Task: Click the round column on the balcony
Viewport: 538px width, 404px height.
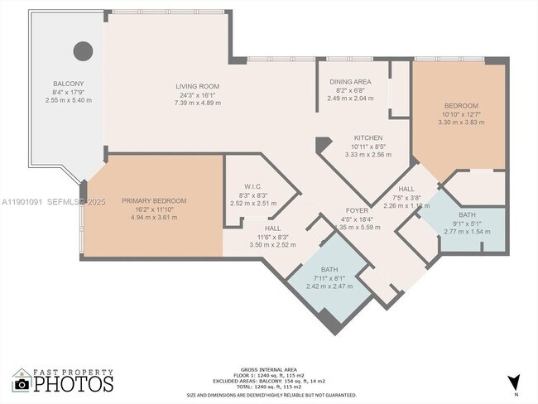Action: pyautogui.click(x=83, y=51)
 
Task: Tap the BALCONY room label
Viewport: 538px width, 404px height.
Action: pyautogui.click(x=68, y=84)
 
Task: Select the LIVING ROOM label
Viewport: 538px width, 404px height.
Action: pyautogui.click(x=196, y=86)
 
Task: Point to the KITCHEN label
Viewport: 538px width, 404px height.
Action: pyautogui.click(x=367, y=137)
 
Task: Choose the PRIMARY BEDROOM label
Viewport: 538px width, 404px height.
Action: pyautogui.click(x=154, y=200)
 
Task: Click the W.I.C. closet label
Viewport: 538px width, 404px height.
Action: pyautogui.click(x=252, y=186)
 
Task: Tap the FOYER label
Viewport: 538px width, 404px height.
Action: pyautogui.click(x=357, y=210)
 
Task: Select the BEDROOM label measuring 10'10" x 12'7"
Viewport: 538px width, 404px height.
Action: pyautogui.click(x=461, y=106)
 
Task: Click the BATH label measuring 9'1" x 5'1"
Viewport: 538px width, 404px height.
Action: pyautogui.click(x=467, y=214)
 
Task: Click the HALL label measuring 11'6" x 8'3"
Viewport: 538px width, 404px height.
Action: pyautogui.click(x=273, y=228)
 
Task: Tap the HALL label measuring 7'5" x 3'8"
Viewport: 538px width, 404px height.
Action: pyautogui.click(x=406, y=190)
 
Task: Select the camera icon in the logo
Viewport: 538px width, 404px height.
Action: pyautogui.click(x=22, y=383)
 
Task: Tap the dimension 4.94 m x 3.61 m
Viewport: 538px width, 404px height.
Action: pyautogui.click(x=154, y=216)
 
